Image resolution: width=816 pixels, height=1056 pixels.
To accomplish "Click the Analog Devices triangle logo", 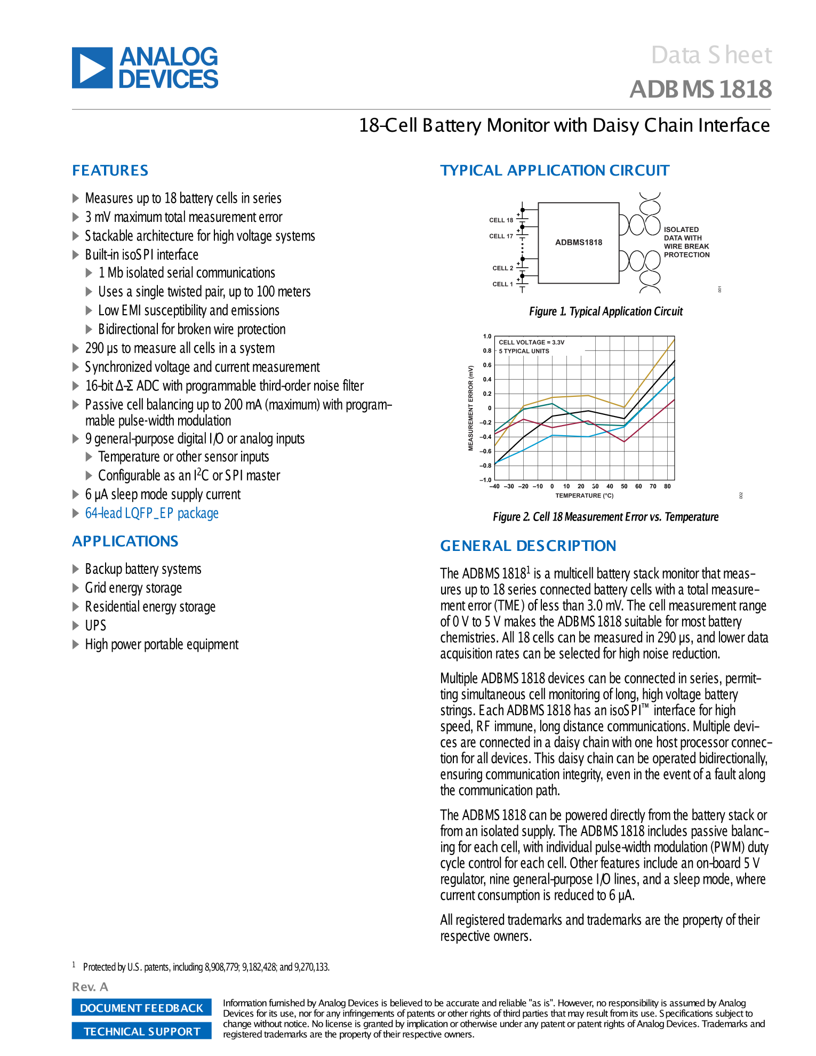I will click(92, 68).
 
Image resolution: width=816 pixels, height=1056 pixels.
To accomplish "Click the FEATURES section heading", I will click(110, 171).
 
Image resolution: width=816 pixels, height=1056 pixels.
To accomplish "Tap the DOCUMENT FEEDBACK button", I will click(141, 1007).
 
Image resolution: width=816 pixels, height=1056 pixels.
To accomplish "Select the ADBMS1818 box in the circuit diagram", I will click(579, 243).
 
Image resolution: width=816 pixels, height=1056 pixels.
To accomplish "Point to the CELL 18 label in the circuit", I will click(501, 220).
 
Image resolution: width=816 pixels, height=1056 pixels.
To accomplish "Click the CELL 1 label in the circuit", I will click(502, 284).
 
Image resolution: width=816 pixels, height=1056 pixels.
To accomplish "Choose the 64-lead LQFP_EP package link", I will click(152, 513).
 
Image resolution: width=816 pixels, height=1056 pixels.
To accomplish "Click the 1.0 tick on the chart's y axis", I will click(487, 337).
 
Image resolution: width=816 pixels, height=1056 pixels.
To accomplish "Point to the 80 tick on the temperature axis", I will click(667, 486).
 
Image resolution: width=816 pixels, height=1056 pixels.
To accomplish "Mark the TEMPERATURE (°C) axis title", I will click(585, 496).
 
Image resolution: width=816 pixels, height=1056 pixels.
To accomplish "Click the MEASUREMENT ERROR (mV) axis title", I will click(471, 408).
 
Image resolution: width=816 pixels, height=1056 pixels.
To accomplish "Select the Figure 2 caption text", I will click(605, 517).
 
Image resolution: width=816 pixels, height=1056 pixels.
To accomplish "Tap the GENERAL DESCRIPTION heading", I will click(528, 546).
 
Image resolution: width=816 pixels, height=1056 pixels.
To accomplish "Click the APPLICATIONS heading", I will click(125, 541).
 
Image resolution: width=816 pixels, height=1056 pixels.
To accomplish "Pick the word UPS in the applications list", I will click(95, 625).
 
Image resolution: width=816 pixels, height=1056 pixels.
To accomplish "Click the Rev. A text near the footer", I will click(90, 987).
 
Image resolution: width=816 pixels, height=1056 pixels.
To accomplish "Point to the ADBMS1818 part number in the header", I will click(700, 90).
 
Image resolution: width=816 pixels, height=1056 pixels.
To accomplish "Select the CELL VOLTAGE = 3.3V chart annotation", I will click(531, 342).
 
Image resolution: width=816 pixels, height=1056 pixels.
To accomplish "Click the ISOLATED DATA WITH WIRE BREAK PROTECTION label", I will click(686, 242).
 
